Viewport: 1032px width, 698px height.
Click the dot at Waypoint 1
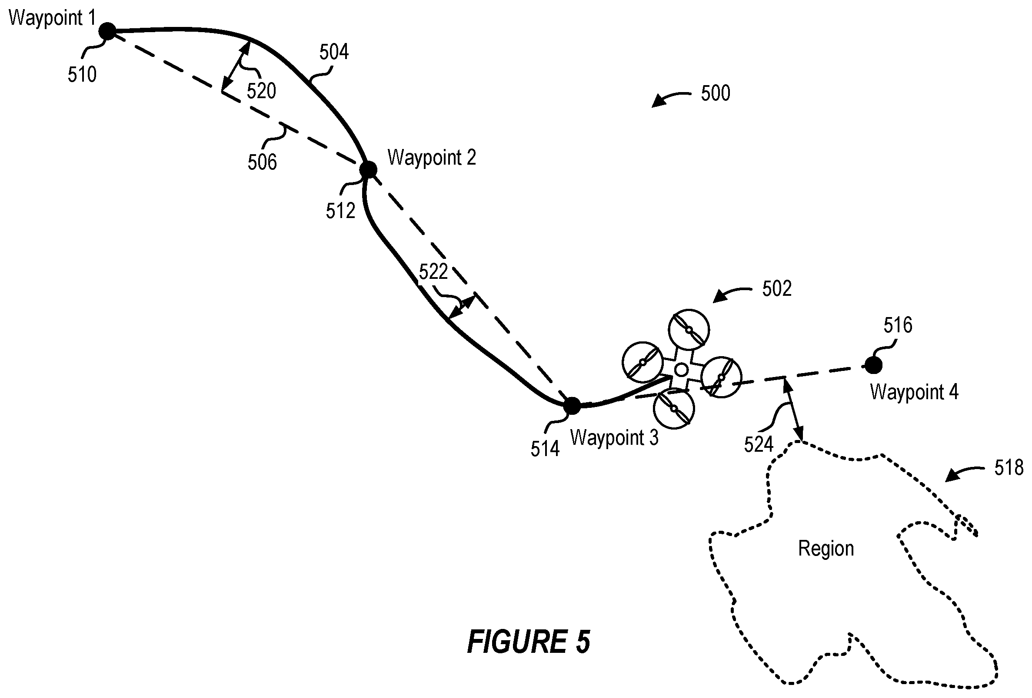107,31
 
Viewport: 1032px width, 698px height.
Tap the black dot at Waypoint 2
368,169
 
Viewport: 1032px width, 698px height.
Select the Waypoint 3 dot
572,406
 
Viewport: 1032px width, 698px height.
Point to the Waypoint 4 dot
873,365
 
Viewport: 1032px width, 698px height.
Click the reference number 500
716,93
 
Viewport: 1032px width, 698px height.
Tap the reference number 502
777,289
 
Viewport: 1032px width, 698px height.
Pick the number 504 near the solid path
334,52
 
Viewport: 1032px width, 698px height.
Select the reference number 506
262,162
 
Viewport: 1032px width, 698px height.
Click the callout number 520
262,91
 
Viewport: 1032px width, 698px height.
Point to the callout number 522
433,271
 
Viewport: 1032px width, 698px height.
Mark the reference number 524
759,444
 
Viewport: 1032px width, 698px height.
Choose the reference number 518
1009,468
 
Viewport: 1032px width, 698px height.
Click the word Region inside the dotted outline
826,549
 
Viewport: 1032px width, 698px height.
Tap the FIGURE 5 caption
529,642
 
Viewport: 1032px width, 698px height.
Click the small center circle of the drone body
681,369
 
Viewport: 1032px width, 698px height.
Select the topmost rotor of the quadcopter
689,330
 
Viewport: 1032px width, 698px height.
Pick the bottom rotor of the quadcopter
674,408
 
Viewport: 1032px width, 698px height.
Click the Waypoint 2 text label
432,158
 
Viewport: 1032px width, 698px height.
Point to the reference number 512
341,211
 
